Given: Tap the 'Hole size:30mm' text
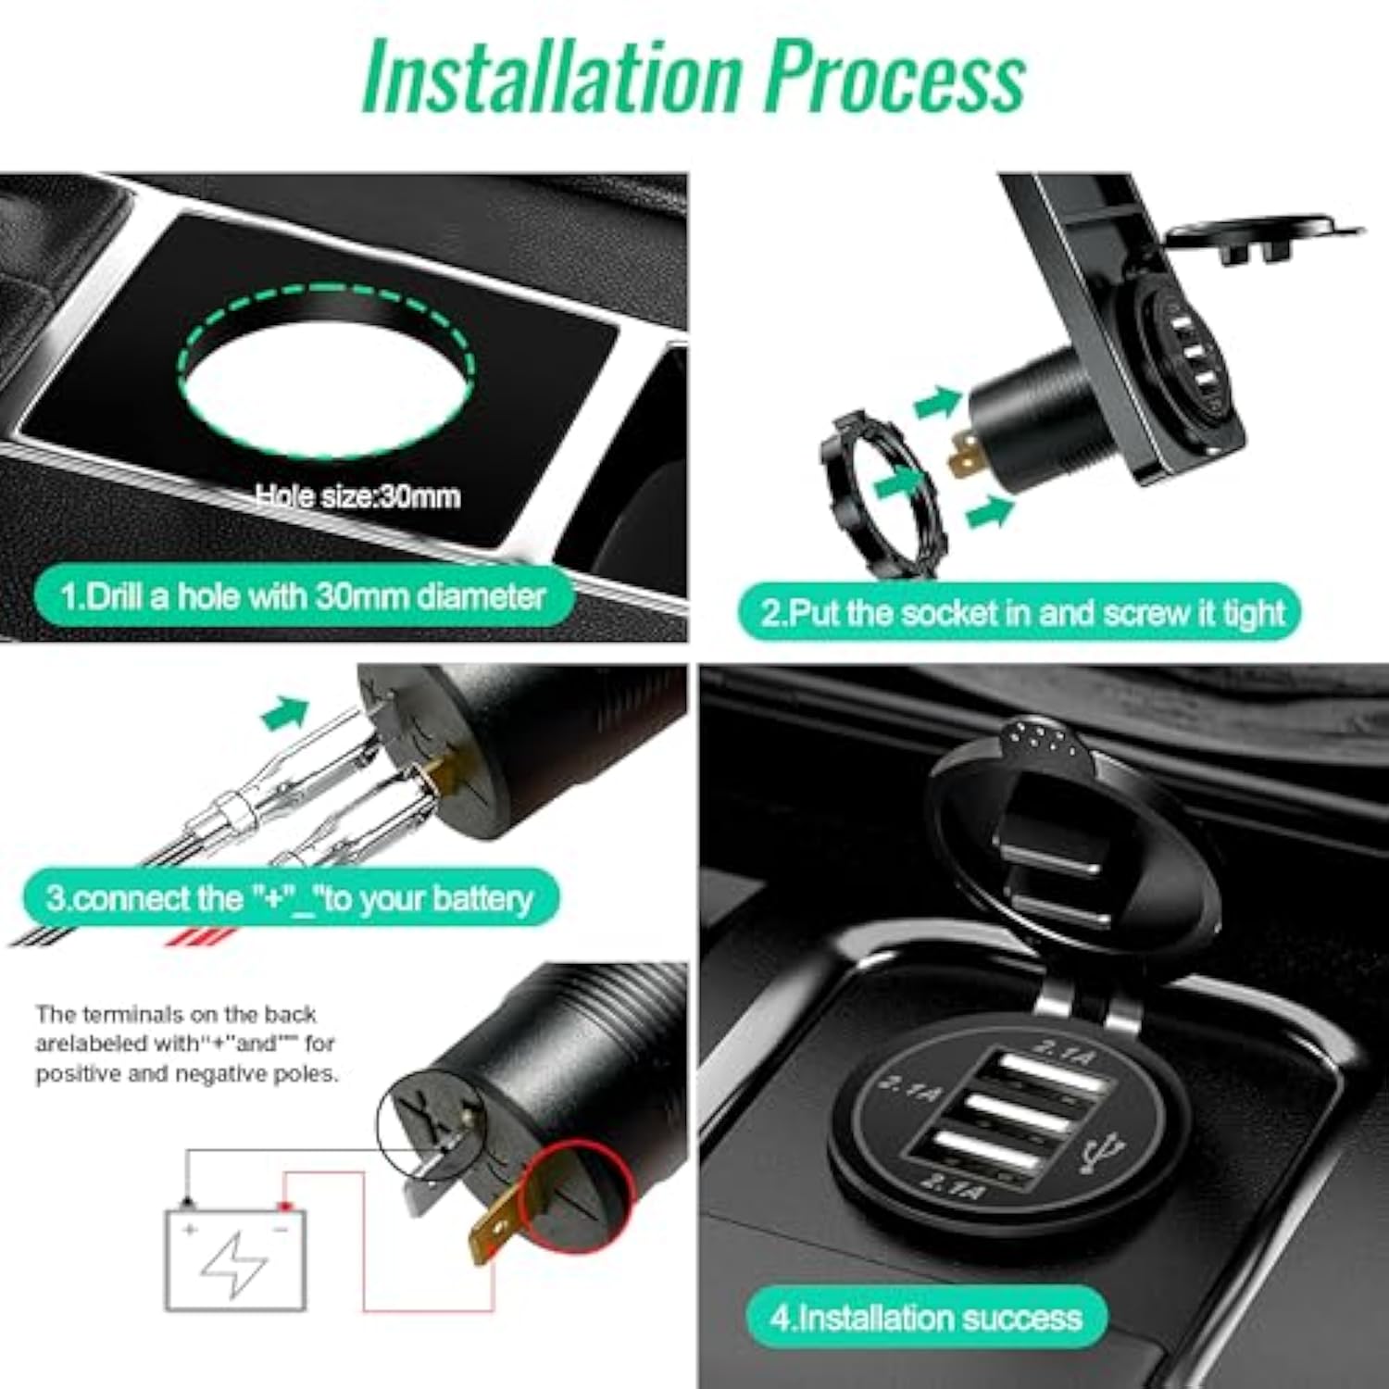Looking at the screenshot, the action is coord(357,497).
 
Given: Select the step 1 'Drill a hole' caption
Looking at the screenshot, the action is coord(304,595).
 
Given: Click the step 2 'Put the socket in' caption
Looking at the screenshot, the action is coord(1020,612).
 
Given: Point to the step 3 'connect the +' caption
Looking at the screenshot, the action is coord(291,898).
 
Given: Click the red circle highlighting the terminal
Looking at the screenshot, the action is coord(577,1195).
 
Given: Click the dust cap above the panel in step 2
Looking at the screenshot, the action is coord(1263,237).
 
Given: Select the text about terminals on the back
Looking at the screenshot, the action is coord(186,1044).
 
